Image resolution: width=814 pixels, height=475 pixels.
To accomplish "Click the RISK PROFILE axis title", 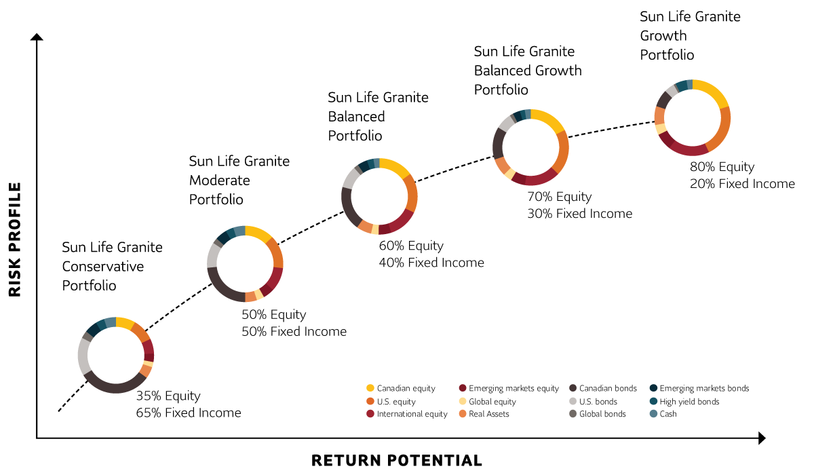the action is (x=14, y=240).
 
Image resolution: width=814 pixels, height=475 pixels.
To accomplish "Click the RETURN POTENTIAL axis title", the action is (x=397, y=461).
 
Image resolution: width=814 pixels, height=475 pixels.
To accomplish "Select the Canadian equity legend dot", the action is (x=370, y=388).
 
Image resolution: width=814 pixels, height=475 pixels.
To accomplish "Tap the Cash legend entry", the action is (x=663, y=414).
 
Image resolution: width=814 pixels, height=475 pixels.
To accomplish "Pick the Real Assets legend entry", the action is (x=484, y=414).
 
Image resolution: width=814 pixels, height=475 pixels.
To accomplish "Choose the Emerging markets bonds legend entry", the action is (x=699, y=389).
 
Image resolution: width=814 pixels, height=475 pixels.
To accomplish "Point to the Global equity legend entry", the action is (x=487, y=402).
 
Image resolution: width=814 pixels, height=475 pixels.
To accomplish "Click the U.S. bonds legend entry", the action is (x=593, y=402).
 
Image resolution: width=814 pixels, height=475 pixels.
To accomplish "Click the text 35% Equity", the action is (x=168, y=396).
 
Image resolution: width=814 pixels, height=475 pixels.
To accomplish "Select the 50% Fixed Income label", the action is (x=294, y=331).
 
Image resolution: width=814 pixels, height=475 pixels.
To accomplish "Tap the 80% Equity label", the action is (x=722, y=167).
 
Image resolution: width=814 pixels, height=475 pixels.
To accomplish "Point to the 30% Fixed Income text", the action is (x=579, y=213).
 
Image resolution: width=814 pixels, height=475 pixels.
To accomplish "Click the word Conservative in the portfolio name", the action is (x=103, y=267).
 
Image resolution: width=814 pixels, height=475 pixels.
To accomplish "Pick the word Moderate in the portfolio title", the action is (x=220, y=180).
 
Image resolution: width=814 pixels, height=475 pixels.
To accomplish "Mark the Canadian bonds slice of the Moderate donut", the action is (x=222, y=290).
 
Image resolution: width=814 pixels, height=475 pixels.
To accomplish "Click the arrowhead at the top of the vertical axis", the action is (x=37, y=37).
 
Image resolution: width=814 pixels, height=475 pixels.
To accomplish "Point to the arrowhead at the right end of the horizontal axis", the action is (x=762, y=438).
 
